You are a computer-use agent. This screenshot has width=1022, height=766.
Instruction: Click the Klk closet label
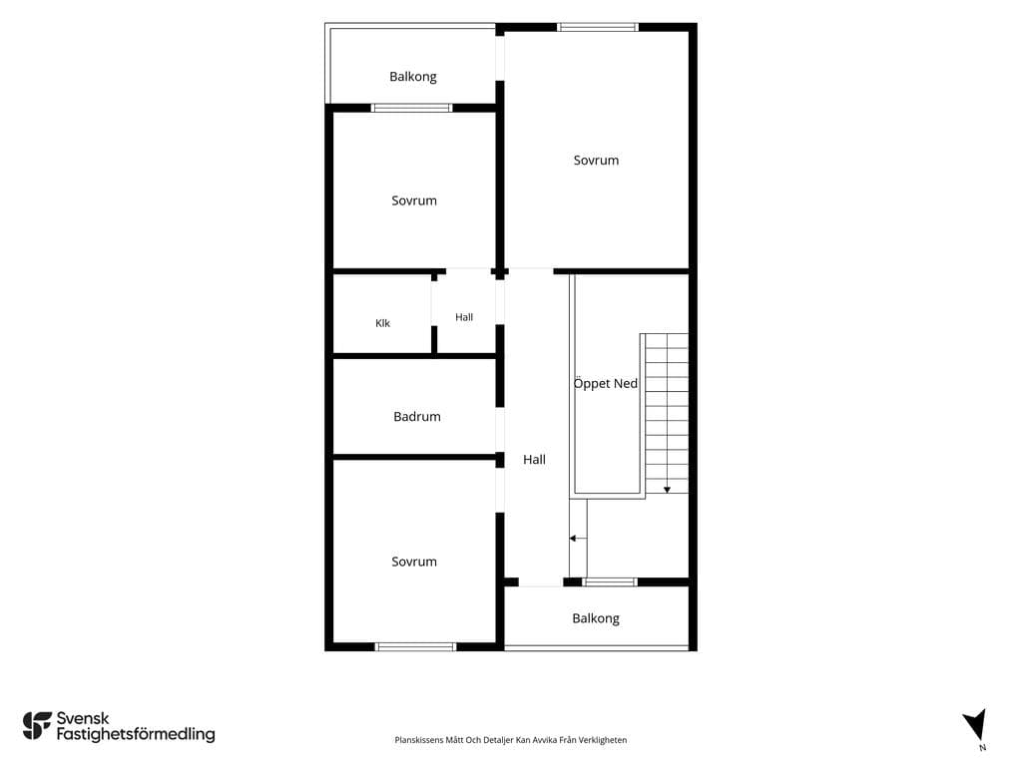[382, 323]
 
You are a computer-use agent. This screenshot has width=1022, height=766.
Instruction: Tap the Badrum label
[417, 416]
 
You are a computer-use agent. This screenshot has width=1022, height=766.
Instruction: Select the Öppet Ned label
[606, 383]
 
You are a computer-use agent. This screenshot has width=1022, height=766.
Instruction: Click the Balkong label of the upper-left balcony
[413, 77]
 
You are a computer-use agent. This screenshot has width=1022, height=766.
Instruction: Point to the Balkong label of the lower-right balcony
[596, 618]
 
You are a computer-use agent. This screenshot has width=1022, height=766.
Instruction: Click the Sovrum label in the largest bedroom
[597, 161]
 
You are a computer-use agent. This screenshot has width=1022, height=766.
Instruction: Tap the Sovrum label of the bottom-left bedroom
[414, 562]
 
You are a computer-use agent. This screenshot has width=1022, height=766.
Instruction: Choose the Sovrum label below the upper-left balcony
[414, 200]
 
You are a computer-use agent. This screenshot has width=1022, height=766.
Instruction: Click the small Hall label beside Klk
[464, 317]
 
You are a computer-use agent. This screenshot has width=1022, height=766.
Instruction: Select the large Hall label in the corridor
[535, 459]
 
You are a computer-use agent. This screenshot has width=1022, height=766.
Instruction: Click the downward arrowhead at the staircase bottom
[667, 490]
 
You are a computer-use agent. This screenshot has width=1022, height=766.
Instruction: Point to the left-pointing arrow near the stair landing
[578, 539]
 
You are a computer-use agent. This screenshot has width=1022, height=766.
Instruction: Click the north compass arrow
[976, 724]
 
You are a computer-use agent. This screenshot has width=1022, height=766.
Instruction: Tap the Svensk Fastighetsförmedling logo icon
[37, 726]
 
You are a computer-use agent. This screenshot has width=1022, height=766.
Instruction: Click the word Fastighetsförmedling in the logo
[136, 735]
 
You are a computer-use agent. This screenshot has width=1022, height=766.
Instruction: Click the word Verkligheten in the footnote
[606, 740]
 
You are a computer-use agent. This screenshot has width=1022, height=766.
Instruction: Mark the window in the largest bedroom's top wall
[598, 27]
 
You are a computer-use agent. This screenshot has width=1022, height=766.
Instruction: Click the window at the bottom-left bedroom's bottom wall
[415, 646]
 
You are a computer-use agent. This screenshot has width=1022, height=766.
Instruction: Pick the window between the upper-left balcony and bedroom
[412, 108]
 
